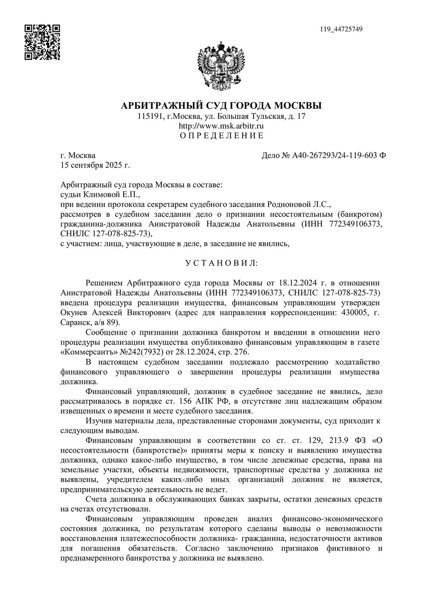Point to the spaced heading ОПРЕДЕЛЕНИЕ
221,136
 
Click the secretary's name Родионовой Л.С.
301,204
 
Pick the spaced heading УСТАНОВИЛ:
221,262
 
